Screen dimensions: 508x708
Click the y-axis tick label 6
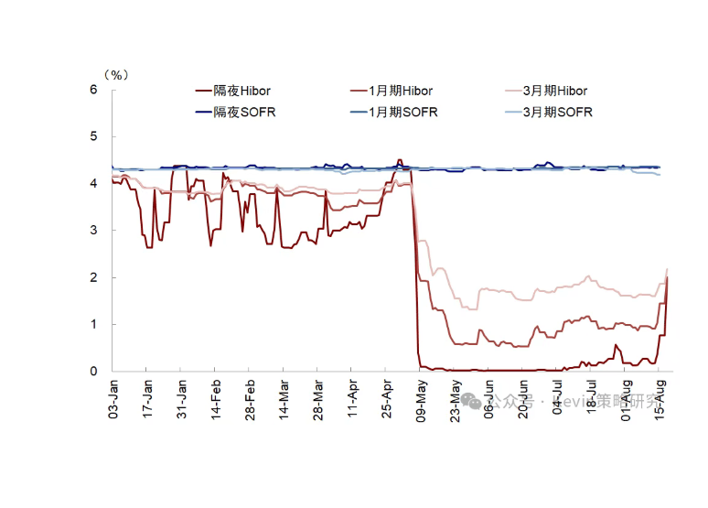coord(93,90)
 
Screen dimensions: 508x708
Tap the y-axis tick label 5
coord(93,136)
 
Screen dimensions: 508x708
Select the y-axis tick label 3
coord(93,231)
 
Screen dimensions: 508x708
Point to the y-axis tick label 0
coord(93,372)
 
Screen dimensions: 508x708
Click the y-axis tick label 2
coord(93,277)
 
